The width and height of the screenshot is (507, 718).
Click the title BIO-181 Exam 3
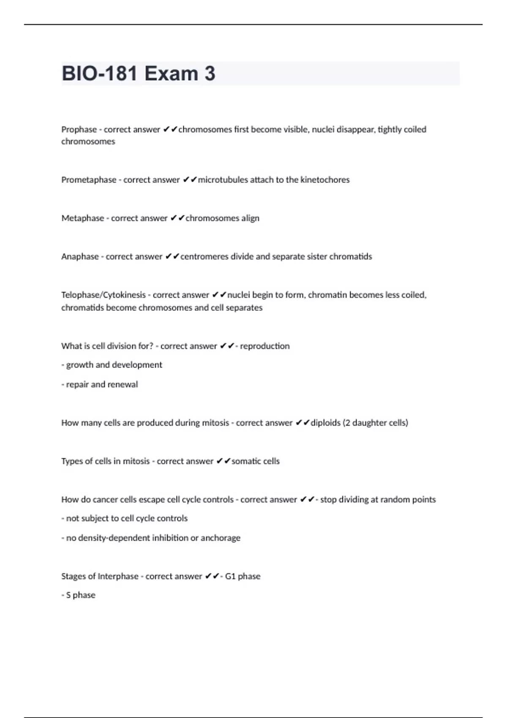coord(139,73)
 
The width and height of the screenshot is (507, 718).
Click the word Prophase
coord(79,129)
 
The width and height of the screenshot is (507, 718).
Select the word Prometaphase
coord(89,179)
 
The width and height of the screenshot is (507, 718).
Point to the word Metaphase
coord(83,218)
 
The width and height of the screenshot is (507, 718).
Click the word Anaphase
coord(80,256)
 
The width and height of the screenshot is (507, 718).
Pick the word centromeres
coord(204,256)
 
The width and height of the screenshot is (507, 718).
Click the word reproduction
coord(265,346)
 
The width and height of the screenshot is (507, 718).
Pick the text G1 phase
coord(243,576)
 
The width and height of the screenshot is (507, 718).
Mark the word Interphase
coord(118,576)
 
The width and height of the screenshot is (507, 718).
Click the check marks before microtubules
coord(190,179)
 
